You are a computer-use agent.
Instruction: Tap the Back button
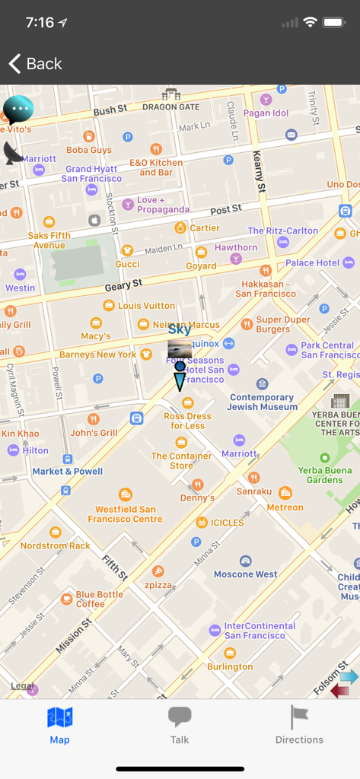coord(35,64)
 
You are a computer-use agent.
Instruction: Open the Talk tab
coord(180,724)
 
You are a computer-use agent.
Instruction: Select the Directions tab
coord(299,724)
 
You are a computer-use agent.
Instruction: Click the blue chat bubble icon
coord(18,110)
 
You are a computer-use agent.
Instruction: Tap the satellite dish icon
coord(13,153)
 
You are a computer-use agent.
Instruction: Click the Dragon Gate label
coord(170,107)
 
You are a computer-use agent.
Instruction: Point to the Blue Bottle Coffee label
coord(99,599)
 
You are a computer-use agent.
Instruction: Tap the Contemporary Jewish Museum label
coord(263,402)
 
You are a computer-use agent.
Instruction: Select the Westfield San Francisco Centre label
coord(125,514)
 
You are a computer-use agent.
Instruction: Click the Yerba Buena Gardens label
coord(325,475)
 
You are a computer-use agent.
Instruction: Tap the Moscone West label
coord(245,574)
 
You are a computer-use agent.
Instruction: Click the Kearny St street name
coord(260,171)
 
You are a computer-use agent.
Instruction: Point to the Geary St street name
coord(123,285)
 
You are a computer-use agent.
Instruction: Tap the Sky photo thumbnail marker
coord(180,349)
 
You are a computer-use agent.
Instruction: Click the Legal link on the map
coord(22,685)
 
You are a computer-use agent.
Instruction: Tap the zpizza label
coord(158,584)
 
